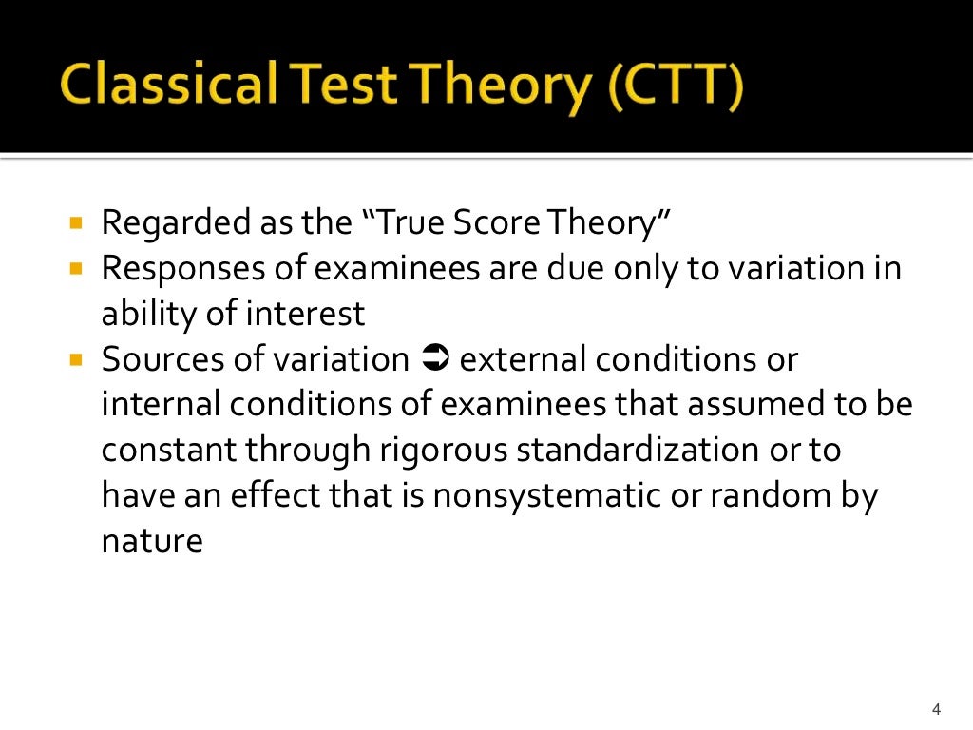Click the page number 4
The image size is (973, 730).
(936, 709)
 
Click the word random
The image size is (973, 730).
(746, 496)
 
